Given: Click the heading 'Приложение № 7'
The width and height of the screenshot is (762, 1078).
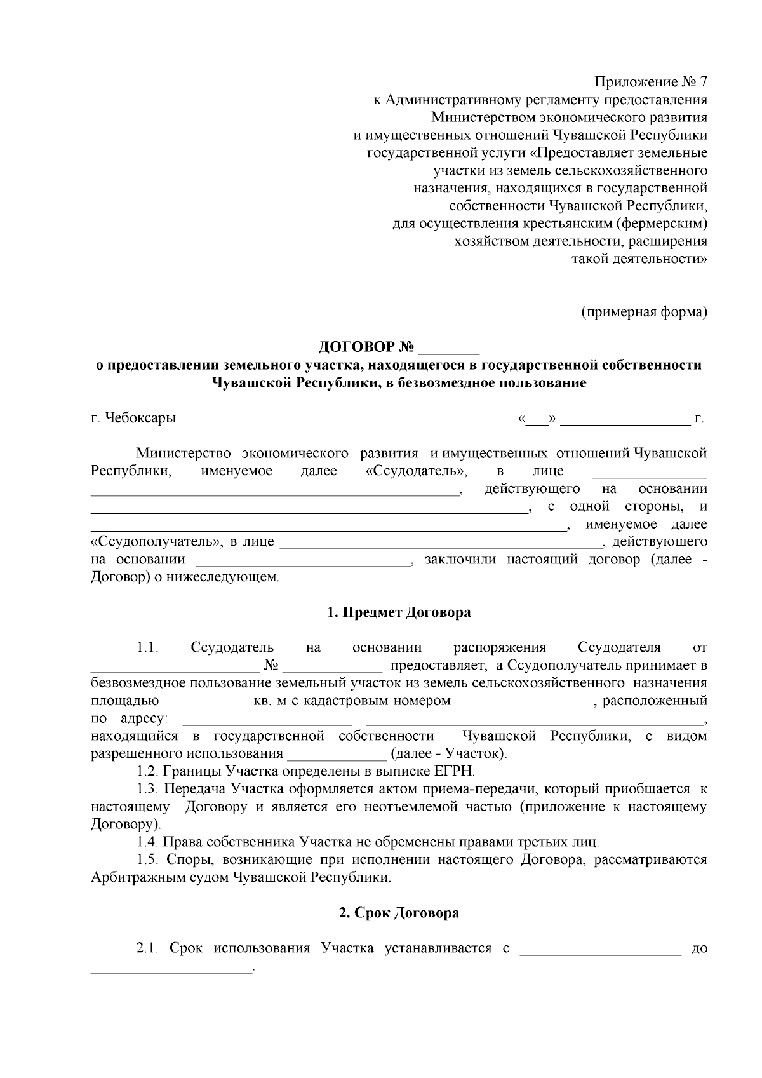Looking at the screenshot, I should pyautogui.click(x=650, y=82).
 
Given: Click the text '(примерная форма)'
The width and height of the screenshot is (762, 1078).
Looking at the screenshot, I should pyautogui.click(x=644, y=312).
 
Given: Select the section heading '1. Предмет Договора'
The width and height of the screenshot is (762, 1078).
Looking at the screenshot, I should pyautogui.click(x=399, y=612).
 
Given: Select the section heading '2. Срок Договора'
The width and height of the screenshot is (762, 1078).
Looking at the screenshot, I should pyautogui.click(x=399, y=913).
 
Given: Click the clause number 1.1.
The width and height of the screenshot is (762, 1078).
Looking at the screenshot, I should pyautogui.click(x=147, y=648).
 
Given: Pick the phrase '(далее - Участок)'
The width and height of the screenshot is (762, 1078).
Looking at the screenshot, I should pyautogui.click(x=448, y=754).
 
